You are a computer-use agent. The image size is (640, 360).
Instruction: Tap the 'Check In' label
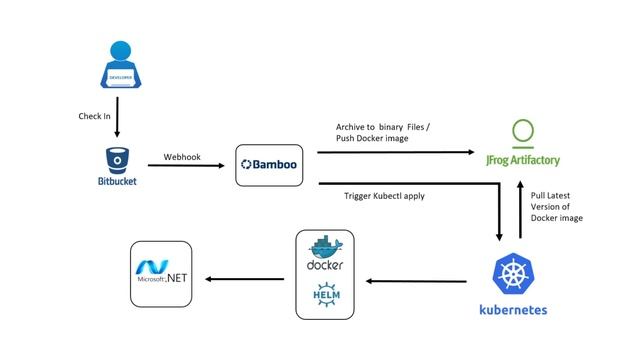tap(96, 116)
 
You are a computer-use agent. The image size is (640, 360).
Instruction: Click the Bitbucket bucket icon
tap(117, 159)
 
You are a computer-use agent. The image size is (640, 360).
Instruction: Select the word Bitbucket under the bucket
tap(117, 182)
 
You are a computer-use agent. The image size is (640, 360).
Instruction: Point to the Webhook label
tap(182, 157)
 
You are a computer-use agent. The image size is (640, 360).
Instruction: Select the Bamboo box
tap(268, 165)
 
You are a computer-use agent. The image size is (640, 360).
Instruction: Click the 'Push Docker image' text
tap(372, 138)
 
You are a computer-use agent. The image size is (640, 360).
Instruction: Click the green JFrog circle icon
tap(523, 134)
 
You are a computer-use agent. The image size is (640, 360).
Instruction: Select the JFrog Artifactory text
tap(523, 160)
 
